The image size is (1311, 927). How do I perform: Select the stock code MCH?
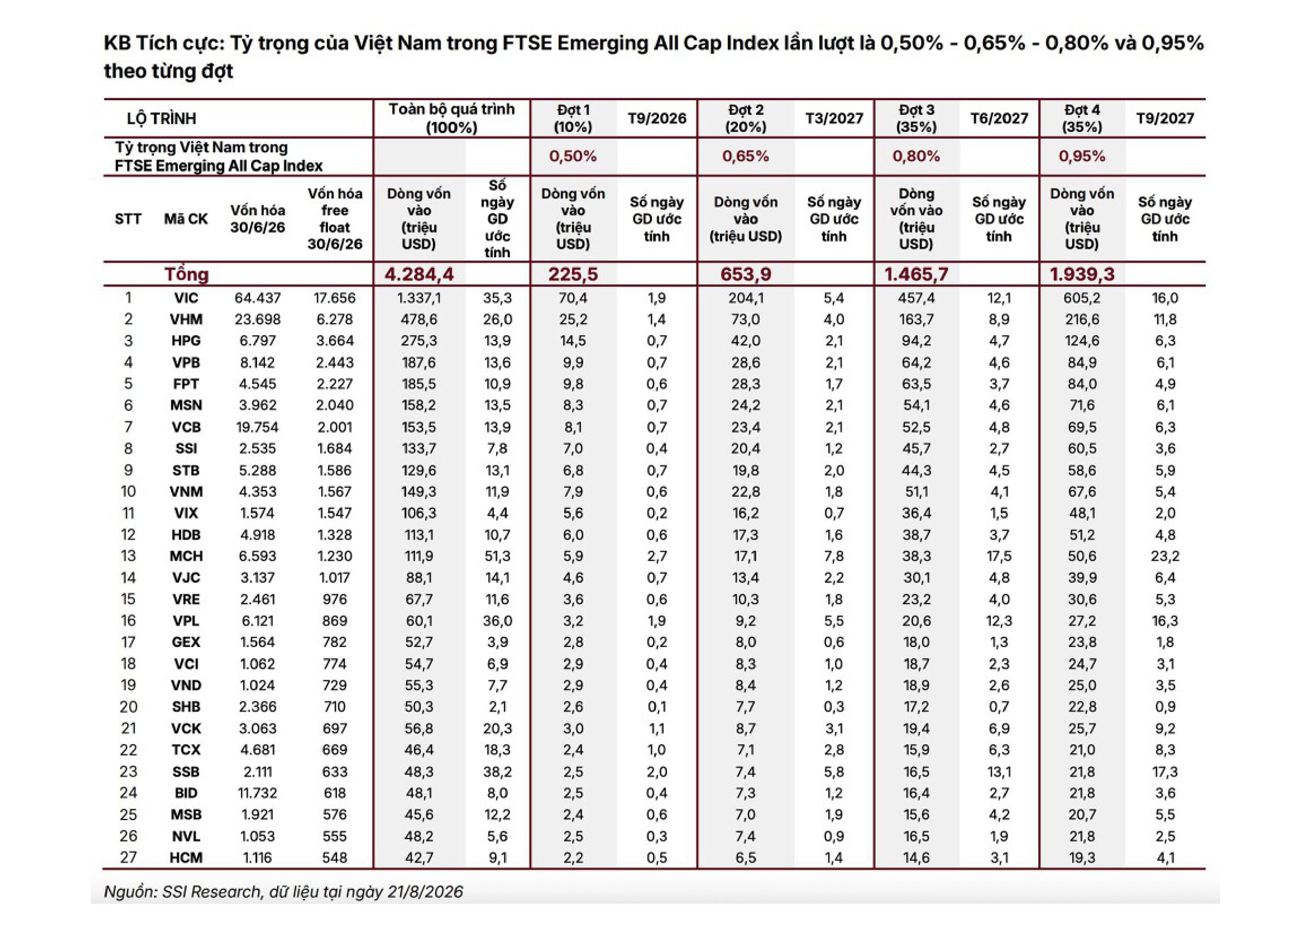(186, 556)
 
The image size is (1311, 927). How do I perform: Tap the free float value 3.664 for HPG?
(335, 341)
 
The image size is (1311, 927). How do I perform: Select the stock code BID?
(186, 793)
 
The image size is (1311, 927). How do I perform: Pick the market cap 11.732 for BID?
(257, 793)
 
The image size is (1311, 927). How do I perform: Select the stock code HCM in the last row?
(186, 857)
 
